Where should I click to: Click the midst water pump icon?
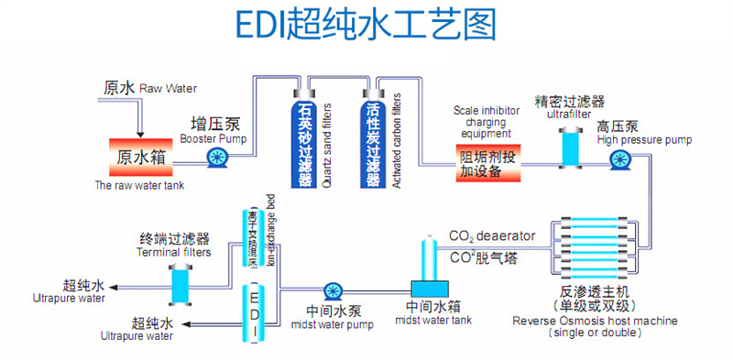point(332,290)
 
